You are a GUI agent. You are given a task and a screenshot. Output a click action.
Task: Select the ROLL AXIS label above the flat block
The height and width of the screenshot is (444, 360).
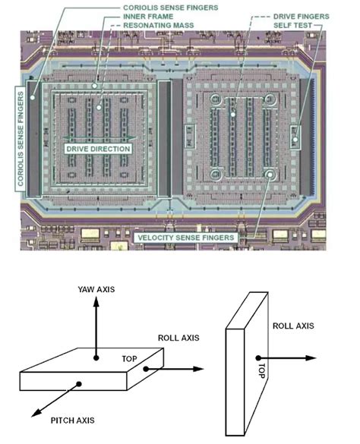(178, 338)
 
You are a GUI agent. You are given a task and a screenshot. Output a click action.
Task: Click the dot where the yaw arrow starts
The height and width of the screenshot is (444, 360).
(96, 356)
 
